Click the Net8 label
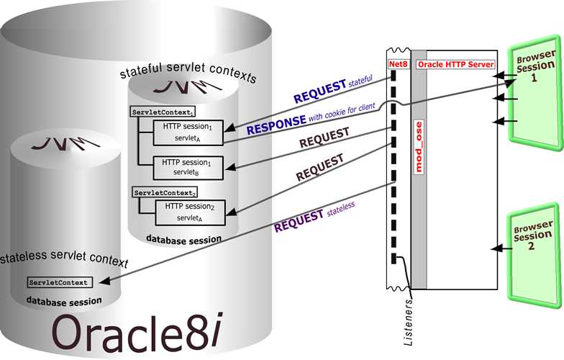coord(399,64)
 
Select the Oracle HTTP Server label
coord(456,64)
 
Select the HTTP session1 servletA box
coord(187,130)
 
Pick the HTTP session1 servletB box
coord(187,168)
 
